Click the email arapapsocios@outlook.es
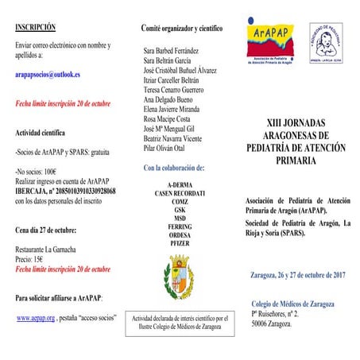pyautogui.click(x=52, y=74)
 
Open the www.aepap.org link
pyautogui.click(x=36, y=317)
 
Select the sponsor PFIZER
pyautogui.click(x=180, y=243)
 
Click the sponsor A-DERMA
pyautogui.click(x=180, y=184)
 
